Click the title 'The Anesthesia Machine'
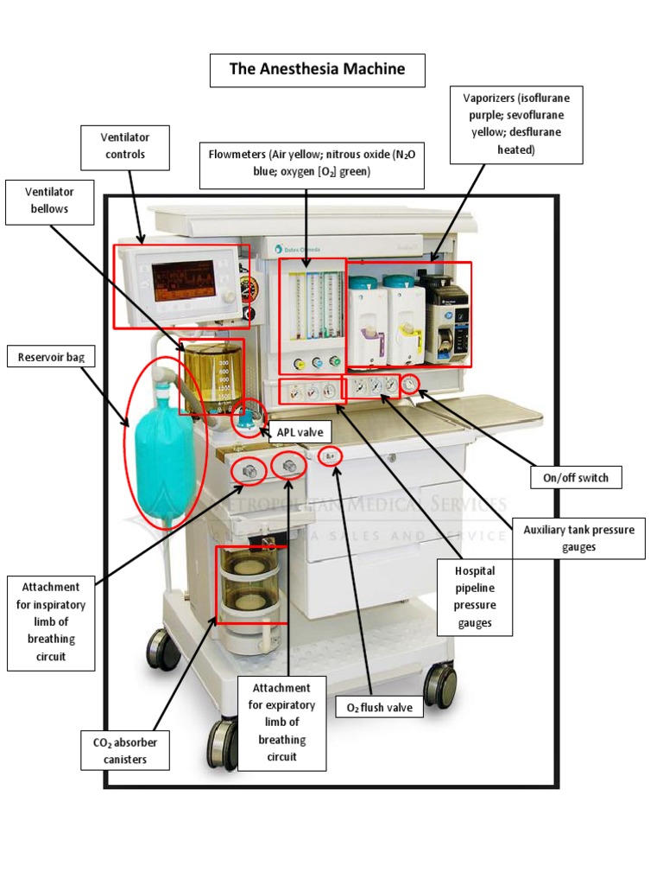(317, 70)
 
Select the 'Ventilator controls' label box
(125, 146)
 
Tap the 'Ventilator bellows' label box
(49, 201)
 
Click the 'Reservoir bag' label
(51, 357)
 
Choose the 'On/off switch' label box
(576, 477)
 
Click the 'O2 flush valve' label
(380, 708)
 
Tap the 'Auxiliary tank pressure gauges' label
(578, 538)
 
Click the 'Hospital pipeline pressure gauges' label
(475, 596)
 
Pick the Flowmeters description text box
(312, 163)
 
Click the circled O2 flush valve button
(330, 455)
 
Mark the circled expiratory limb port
(289, 467)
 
